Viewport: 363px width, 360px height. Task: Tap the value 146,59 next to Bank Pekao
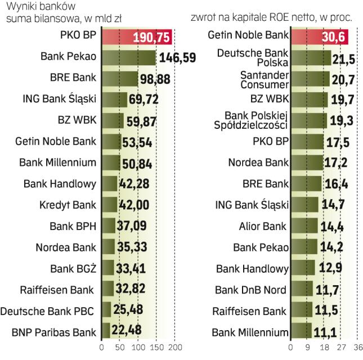tap(180, 57)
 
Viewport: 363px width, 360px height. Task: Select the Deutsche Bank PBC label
tap(48, 310)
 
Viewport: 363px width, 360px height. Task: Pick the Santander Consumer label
tap(265, 79)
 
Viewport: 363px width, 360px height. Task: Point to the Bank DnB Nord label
tap(251, 289)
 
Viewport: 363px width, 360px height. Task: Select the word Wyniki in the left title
tap(18, 7)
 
